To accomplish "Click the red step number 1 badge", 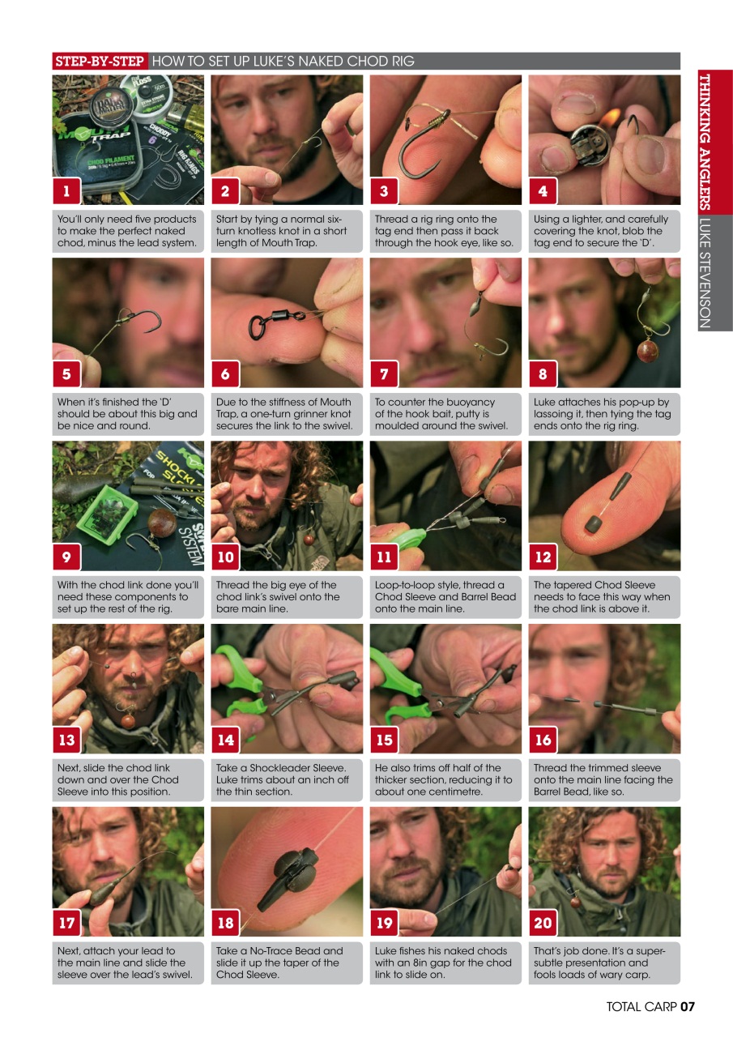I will tap(66, 191).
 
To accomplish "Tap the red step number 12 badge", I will tap(543, 557).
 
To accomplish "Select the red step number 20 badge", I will tap(543, 922).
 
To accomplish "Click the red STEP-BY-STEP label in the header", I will tap(100, 61).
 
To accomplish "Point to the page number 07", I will tap(687, 1007).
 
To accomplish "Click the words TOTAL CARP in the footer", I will tap(641, 1007).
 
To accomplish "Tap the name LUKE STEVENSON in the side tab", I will tap(703, 272).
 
